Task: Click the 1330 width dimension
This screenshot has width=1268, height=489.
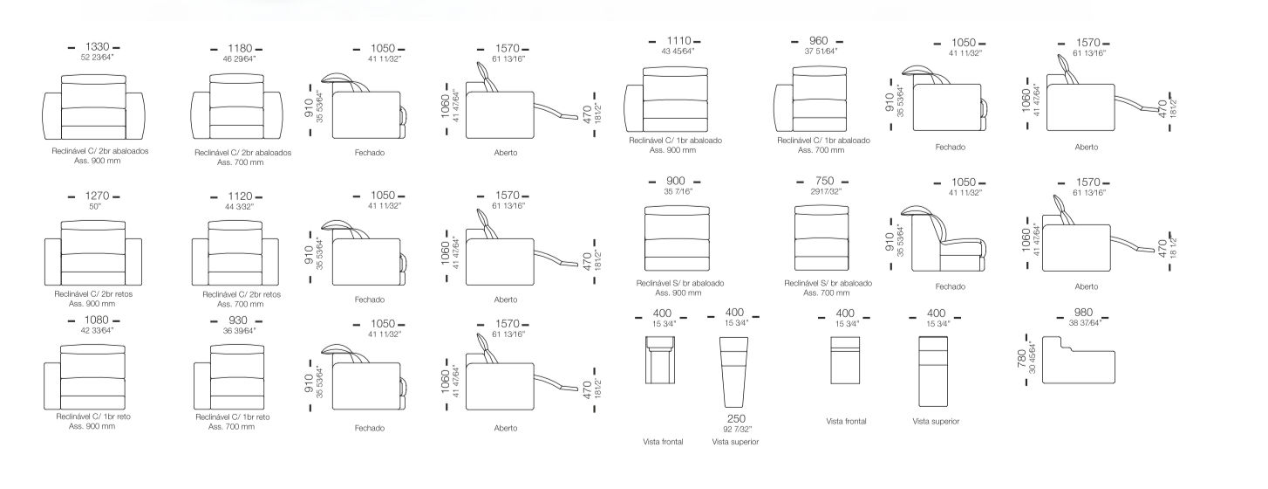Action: click(x=97, y=47)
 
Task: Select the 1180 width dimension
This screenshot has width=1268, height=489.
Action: click(x=240, y=49)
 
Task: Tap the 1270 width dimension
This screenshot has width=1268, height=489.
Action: click(x=97, y=196)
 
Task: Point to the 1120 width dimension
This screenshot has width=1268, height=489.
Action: click(x=240, y=196)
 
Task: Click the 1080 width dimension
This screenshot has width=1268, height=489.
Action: click(x=96, y=320)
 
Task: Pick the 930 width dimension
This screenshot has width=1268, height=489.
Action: click(x=238, y=320)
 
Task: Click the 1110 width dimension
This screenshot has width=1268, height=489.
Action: click(x=678, y=41)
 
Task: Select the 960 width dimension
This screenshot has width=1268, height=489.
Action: click(x=819, y=41)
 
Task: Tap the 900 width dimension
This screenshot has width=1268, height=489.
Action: click(x=675, y=181)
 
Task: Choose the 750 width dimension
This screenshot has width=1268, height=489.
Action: click(x=824, y=181)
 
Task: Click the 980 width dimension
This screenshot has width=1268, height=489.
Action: click(x=1083, y=313)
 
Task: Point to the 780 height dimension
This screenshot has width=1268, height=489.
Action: click(x=1022, y=359)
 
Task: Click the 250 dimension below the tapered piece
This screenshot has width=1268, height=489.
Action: click(x=736, y=419)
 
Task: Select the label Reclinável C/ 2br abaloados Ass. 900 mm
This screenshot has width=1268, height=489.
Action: click(x=99, y=155)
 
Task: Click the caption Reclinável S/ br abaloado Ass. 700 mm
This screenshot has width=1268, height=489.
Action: click(x=828, y=288)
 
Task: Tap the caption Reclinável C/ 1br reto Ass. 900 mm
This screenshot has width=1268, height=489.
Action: click(x=92, y=422)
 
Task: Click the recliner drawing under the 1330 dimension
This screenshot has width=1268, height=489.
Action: click(x=93, y=107)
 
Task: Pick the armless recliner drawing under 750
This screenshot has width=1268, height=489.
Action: click(x=821, y=238)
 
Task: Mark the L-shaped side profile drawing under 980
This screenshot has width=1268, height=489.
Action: click(x=1079, y=360)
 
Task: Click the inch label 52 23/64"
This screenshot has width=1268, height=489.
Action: click(x=97, y=58)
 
